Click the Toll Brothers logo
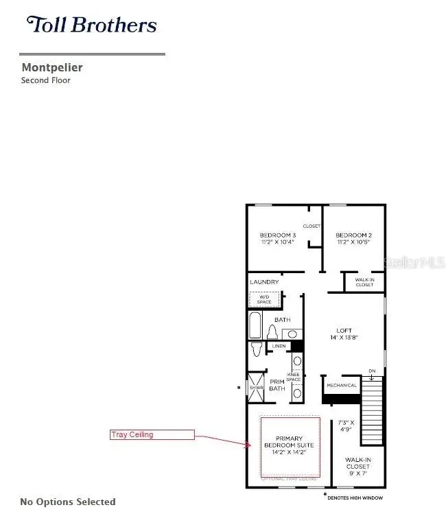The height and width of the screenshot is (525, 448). (x=92, y=26)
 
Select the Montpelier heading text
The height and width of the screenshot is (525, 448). (x=52, y=67)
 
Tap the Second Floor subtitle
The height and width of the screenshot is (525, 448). (x=45, y=80)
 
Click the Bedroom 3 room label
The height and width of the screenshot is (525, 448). (x=277, y=239)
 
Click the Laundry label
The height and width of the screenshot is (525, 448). (x=264, y=282)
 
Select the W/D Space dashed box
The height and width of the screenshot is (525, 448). (x=265, y=299)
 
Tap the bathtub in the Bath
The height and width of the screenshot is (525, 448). (x=255, y=326)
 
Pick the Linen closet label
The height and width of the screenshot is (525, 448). (x=279, y=347)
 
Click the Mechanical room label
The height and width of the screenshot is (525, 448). (x=342, y=386)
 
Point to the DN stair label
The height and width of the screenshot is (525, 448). (x=372, y=371)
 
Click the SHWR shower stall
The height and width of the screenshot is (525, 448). (x=255, y=388)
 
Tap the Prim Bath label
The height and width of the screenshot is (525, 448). (x=277, y=385)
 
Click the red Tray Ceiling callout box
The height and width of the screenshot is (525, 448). (x=152, y=434)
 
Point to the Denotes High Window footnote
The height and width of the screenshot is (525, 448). (x=355, y=497)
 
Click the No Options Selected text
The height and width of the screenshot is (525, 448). (x=68, y=502)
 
